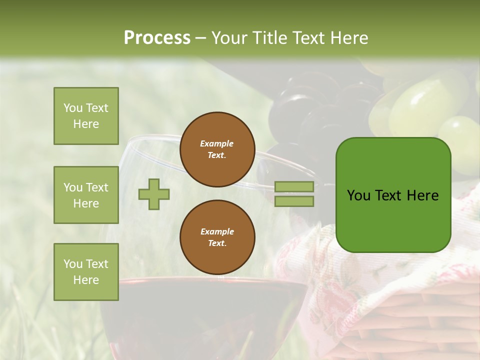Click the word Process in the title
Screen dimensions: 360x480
(157, 37)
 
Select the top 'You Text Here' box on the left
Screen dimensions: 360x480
(86, 116)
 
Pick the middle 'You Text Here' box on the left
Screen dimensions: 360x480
(86, 195)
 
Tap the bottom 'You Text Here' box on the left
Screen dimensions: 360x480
(86, 272)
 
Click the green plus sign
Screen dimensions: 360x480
(154, 194)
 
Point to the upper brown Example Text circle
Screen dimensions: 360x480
(217, 149)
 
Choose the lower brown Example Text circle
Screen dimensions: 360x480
(217, 237)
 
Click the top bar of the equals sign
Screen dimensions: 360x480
(294, 186)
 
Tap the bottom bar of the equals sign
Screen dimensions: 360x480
(294, 201)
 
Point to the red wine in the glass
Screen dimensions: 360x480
(200, 315)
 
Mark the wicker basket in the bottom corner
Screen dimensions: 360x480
(420, 325)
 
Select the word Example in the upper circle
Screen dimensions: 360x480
(217, 143)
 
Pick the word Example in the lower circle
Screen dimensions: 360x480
(217, 231)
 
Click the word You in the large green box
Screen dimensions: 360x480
(359, 195)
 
